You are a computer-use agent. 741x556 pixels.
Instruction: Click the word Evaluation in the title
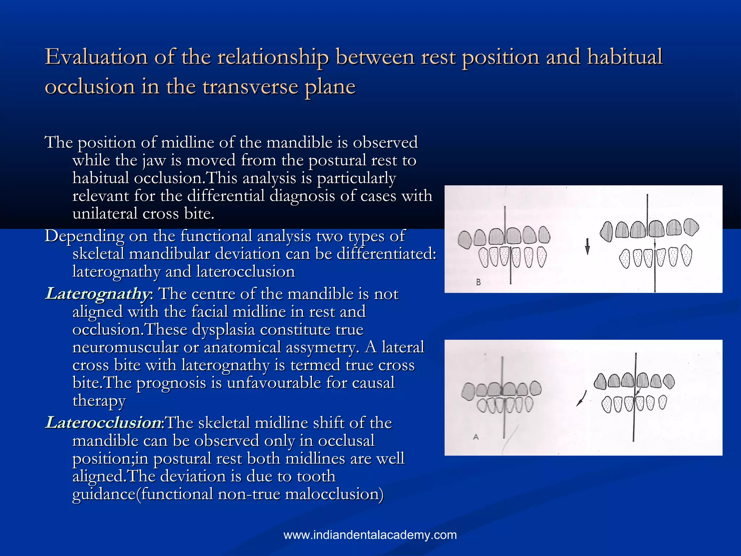click(96, 57)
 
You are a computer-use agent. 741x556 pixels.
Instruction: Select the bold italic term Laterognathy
click(97, 294)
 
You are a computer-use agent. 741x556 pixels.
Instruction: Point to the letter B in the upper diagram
click(478, 282)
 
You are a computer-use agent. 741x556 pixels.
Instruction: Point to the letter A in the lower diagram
click(476, 437)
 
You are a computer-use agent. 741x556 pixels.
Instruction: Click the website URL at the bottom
click(370, 535)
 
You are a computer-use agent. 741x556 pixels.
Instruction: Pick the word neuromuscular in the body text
click(125, 347)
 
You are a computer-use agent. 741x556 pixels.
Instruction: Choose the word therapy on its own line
click(99, 401)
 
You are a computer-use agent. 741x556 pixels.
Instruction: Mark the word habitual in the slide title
click(625, 57)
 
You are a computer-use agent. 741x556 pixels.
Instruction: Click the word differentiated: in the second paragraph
click(387, 254)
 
